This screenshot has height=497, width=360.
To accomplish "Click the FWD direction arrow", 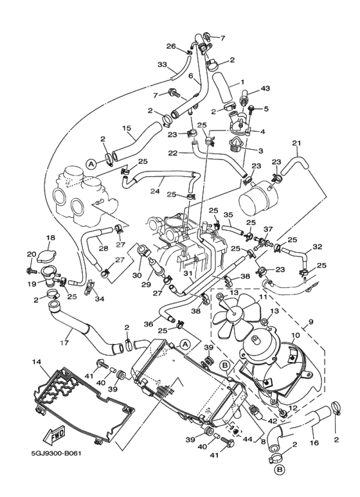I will [53, 437].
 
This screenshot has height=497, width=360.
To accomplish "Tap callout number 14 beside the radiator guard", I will [37, 363].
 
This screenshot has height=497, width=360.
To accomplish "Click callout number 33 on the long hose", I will [162, 64].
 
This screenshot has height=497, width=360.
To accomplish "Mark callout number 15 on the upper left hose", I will [127, 129].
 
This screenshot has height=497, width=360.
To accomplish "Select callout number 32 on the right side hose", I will [317, 246].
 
